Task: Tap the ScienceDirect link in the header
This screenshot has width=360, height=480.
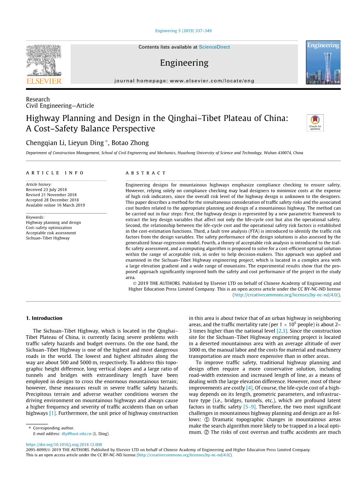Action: (214, 47)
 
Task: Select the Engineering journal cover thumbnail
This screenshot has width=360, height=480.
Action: (323, 63)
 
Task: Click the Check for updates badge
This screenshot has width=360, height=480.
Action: (315, 123)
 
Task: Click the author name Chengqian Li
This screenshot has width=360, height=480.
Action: (45, 143)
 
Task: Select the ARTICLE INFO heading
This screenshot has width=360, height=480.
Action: (55, 173)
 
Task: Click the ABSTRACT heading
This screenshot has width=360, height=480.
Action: (146, 173)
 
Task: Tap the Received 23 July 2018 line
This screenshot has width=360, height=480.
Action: (46, 190)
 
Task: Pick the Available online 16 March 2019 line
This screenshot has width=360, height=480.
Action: (55, 205)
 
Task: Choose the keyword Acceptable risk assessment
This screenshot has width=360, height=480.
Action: (51, 233)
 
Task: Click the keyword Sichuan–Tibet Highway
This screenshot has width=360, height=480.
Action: (48, 238)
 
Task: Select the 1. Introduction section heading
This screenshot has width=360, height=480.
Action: (44, 318)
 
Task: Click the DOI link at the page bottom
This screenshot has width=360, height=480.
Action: (64, 445)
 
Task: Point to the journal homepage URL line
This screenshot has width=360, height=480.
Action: (184, 81)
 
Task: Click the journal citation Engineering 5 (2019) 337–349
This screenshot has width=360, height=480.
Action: (183, 31)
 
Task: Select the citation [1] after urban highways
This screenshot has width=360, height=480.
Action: (53, 413)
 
